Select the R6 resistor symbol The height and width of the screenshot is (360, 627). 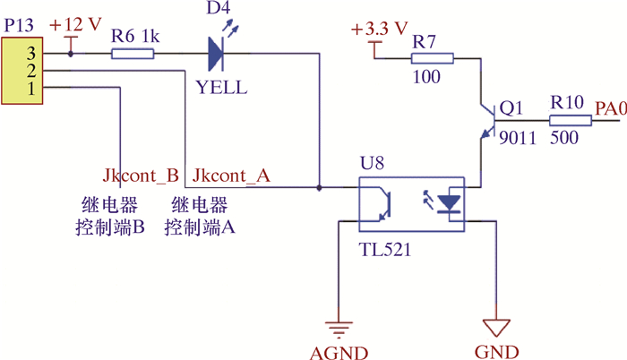[133, 54]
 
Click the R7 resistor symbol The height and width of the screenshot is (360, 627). [432, 59]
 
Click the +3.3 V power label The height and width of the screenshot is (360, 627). [380, 30]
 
